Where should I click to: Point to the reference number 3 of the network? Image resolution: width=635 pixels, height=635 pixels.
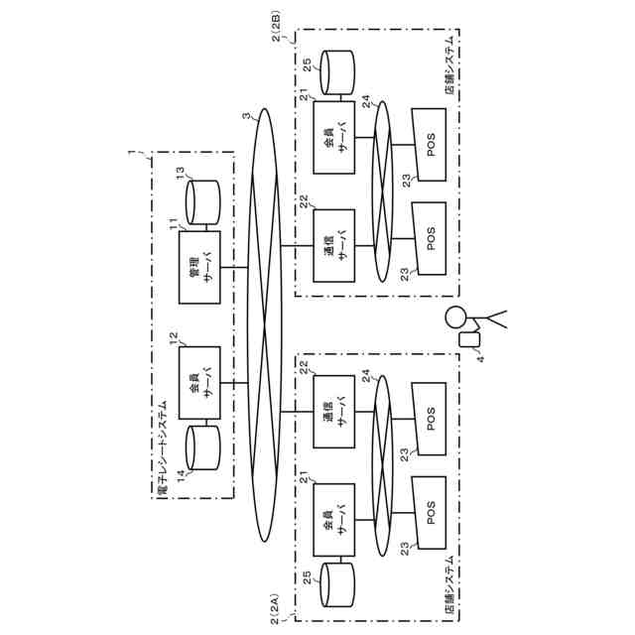tap(247, 116)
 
